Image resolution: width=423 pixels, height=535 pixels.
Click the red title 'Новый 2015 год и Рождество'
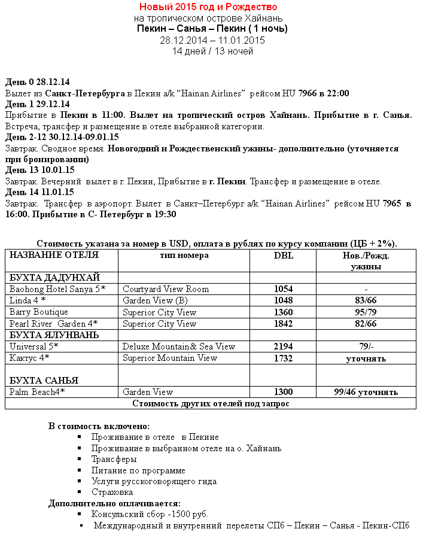(208, 7)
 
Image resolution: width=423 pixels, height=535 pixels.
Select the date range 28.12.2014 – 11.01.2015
(212, 40)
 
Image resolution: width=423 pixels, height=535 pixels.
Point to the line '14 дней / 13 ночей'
(212, 51)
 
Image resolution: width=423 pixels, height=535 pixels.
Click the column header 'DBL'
(283, 256)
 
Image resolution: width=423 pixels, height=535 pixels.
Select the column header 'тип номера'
(184, 256)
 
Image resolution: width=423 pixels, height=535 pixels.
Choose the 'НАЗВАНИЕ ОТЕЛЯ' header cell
(54, 256)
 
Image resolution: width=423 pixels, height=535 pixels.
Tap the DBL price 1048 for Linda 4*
(283, 300)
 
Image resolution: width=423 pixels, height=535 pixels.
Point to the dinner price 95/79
(366, 312)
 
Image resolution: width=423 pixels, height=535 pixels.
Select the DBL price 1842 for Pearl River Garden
(283, 324)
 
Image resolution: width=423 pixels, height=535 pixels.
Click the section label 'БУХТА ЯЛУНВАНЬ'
(54, 335)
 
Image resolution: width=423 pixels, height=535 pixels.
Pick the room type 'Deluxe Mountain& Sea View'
(179, 346)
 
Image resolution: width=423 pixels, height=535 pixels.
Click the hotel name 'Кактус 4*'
(29, 358)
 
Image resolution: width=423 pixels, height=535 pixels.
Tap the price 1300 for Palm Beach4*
(283, 392)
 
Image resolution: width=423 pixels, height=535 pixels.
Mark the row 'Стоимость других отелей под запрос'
(211, 403)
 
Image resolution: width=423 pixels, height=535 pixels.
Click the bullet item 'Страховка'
(112, 492)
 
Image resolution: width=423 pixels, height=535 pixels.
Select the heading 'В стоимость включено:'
(99, 426)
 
